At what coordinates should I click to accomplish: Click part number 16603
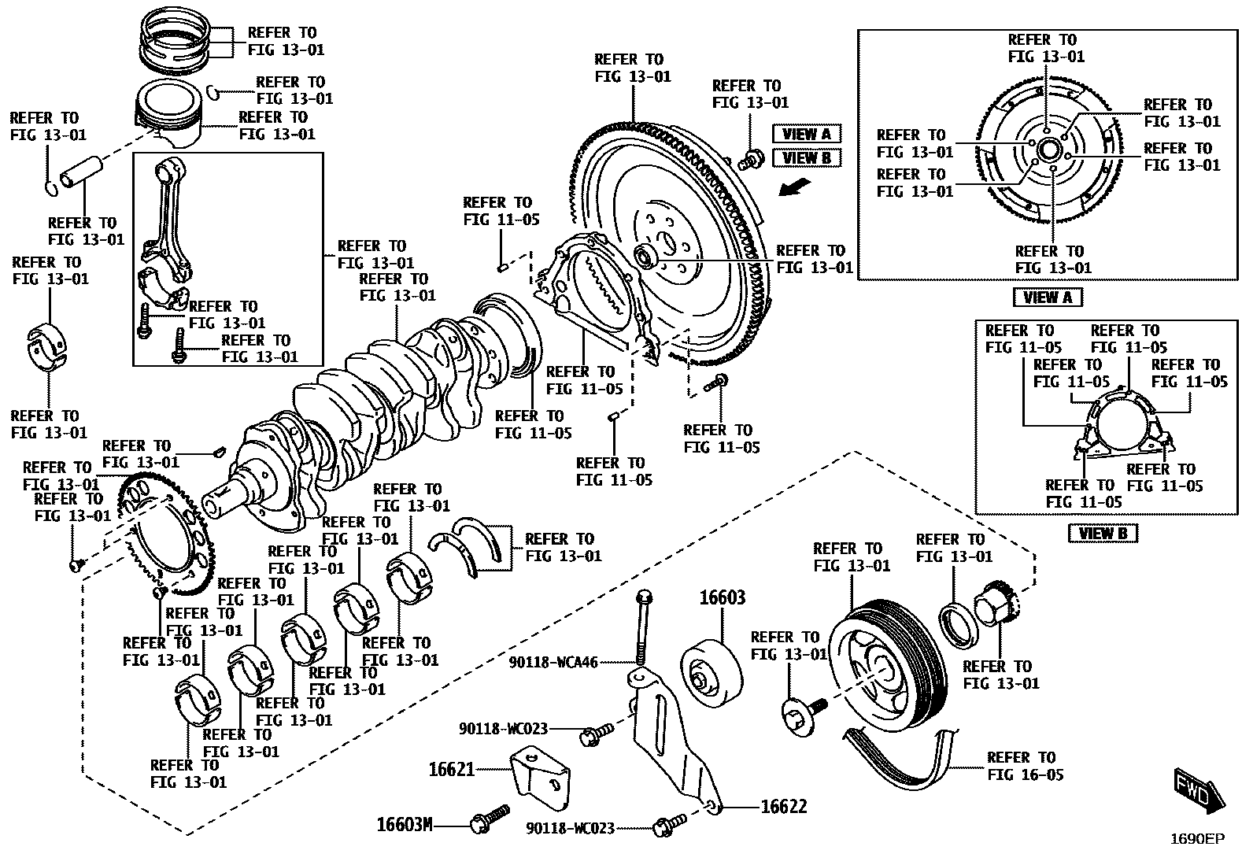[722, 598]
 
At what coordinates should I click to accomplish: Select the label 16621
[451, 769]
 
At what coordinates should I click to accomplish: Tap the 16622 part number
[783, 807]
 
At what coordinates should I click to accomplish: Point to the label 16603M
[405, 824]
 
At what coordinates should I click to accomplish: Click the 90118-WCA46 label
[553, 663]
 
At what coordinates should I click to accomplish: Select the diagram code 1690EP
[1196, 839]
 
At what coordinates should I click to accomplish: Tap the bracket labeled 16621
[542, 778]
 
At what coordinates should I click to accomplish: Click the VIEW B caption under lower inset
[1103, 533]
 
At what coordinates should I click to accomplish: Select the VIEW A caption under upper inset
[1048, 298]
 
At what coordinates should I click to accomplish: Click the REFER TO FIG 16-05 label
[1025, 766]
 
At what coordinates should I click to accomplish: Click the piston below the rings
[169, 116]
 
